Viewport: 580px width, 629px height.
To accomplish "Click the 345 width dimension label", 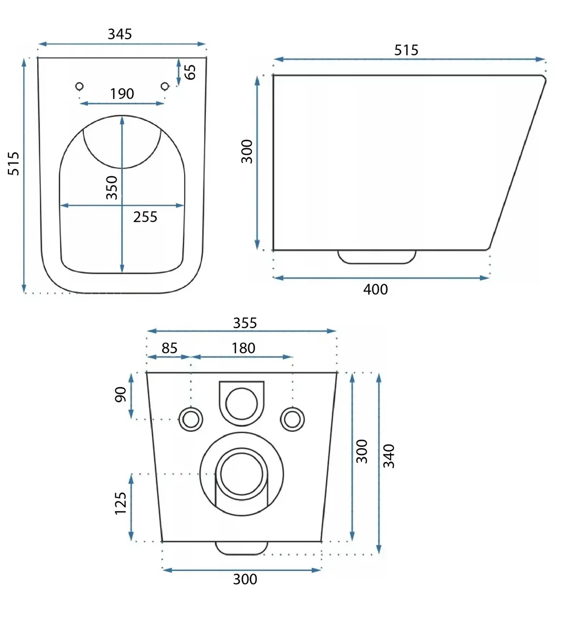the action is pyautogui.click(x=120, y=34).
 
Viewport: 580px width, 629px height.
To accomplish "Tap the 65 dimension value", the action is pyautogui.click(x=189, y=72).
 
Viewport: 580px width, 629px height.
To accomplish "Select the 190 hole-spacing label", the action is pyautogui.click(x=122, y=94).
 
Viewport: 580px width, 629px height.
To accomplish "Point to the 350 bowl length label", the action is pyautogui.click(x=111, y=188).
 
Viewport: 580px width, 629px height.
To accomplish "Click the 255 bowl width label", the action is pyautogui.click(x=145, y=217).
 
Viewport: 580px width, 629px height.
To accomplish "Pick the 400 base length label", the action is pyautogui.click(x=375, y=289).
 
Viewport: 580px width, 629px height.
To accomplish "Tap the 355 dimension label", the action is pyautogui.click(x=245, y=323).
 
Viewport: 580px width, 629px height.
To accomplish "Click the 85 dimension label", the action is pyautogui.click(x=169, y=348).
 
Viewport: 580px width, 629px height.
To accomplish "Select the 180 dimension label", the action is pyautogui.click(x=243, y=348).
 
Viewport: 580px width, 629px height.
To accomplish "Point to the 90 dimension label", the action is pyautogui.click(x=120, y=395).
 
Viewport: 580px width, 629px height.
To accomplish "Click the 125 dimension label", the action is pyautogui.click(x=120, y=503).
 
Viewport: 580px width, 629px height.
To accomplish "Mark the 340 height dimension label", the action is pyautogui.click(x=389, y=456).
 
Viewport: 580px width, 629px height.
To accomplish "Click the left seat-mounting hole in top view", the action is pyautogui.click(x=79, y=86).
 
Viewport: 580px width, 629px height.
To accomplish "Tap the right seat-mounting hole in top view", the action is pyautogui.click(x=165, y=86).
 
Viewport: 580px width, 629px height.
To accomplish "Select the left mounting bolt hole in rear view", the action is pyautogui.click(x=191, y=419).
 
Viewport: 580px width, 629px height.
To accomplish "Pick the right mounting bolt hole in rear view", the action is pyautogui.click(x=292, y=419).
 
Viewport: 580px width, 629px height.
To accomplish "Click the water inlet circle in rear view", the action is pyautogui.click(x=242, y=404).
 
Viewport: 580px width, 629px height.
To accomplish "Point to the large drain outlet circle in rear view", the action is pyautogui.click(x=242, y=474).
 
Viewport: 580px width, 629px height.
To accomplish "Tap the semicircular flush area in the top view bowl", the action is pyautogui.click(x=122, y=168).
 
